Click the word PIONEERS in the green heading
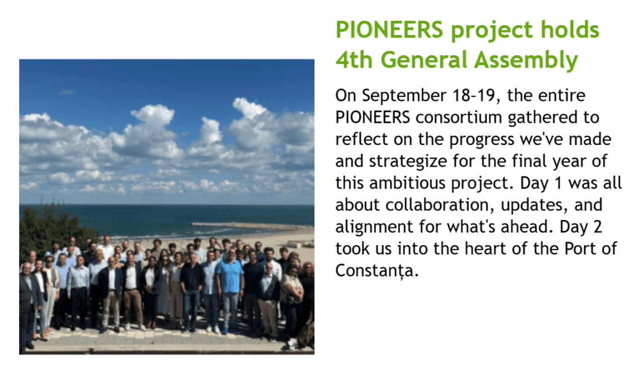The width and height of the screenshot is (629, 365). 389,29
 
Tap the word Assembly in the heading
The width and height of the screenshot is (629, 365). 526,61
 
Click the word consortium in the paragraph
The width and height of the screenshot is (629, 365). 458,117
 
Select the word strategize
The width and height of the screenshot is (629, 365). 408,162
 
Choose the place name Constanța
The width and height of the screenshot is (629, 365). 377,271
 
